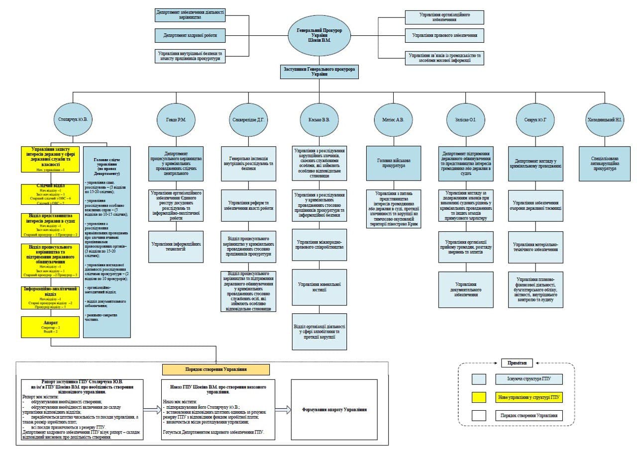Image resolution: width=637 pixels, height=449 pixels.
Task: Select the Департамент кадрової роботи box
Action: click(x=190, y=36)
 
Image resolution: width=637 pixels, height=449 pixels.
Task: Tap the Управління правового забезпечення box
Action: click(x=444, y=36)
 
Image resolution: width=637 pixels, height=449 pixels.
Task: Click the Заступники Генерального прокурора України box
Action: click(x=319, y=71)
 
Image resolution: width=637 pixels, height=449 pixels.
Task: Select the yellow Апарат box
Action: click(x=50, y=327)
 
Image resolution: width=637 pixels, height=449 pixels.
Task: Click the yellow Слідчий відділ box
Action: click(x=50, y=194)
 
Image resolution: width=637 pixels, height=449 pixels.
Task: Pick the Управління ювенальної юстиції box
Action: click(x=319, y=287)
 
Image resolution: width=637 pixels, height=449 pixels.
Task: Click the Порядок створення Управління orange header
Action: click(x=216, y=369)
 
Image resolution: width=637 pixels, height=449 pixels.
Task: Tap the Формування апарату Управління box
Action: click(x=334, y=410)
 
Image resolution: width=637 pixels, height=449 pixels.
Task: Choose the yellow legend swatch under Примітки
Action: click(x=479, y=397)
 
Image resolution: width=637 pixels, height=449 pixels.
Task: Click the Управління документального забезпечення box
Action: click(x=466, y=289)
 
